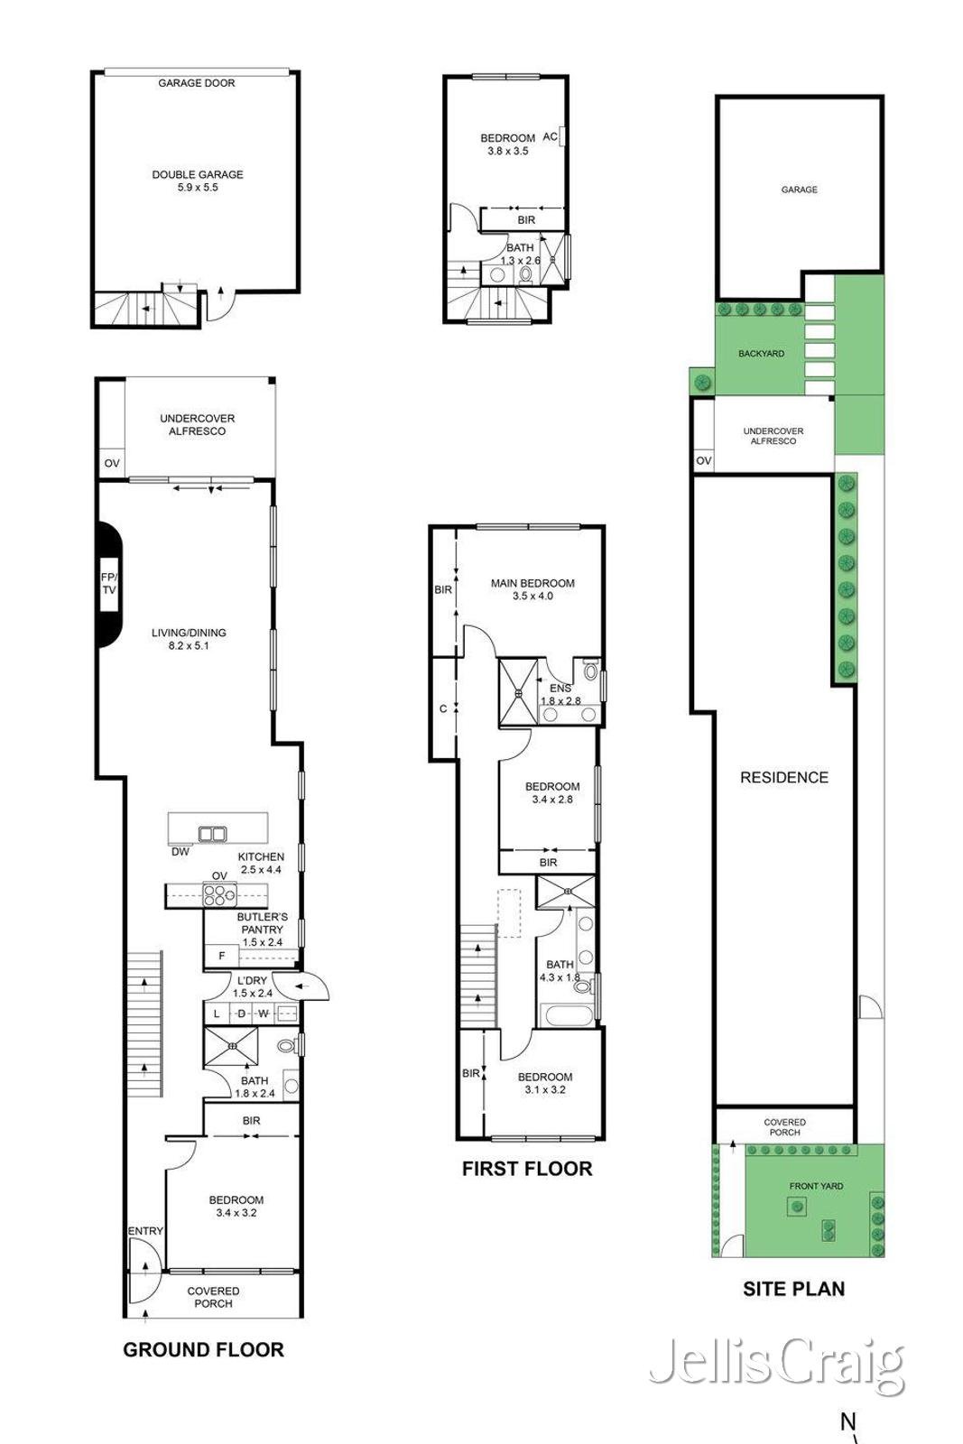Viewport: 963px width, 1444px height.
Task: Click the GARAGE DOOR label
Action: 196,83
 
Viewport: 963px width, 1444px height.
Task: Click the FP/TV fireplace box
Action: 109,584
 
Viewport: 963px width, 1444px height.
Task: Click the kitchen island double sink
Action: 212,834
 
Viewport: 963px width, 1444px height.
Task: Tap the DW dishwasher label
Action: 180,852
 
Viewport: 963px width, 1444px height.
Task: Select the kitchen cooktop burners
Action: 219,894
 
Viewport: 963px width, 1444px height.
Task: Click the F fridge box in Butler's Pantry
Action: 221,956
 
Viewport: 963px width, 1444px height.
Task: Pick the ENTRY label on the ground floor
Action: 145,1231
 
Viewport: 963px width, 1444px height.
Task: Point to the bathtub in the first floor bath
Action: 568,1015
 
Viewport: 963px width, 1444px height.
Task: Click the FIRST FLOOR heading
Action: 527,1169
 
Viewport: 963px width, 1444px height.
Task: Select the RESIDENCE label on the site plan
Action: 783,777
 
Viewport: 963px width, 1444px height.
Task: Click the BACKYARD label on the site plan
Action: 761,354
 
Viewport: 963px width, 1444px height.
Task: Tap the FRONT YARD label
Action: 816,1186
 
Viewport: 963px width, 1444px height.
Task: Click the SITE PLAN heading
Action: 793,1289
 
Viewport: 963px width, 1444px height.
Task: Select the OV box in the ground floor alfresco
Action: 112,463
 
